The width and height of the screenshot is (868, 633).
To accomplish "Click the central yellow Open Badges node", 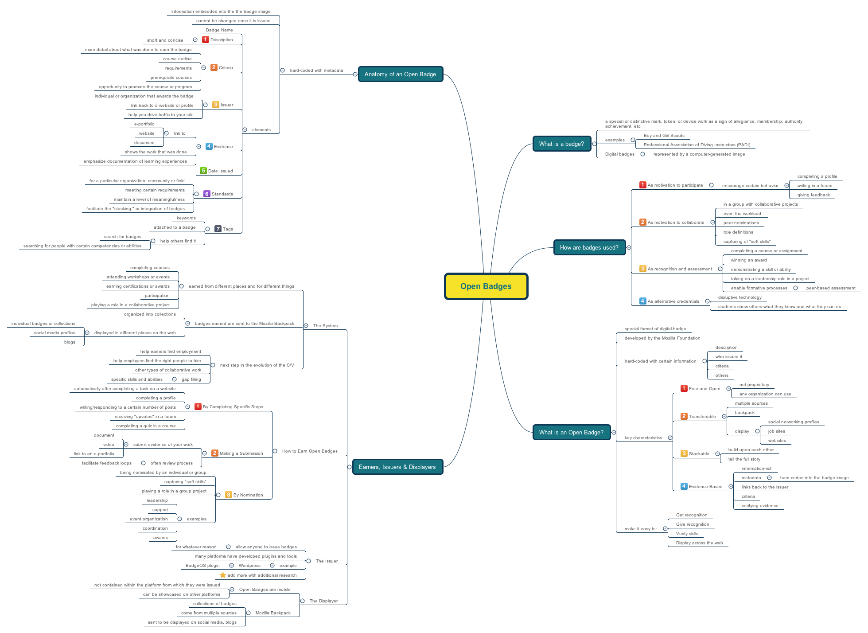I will [486, 286].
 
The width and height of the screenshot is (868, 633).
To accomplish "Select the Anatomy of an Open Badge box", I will [400, 74].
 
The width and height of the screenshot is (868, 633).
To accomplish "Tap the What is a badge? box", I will [561, 144].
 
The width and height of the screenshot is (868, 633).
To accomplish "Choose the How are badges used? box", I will [589, 248].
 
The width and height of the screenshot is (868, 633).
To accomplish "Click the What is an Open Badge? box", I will [571, 433].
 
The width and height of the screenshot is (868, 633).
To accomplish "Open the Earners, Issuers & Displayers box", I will [397, 467].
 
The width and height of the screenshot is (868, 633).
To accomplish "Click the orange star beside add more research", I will [223, 575].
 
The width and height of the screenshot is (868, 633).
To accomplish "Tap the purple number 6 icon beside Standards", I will [206, 194].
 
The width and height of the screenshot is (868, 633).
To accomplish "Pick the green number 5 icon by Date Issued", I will [203, 171].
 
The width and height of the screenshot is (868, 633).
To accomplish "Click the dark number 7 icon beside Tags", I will [218, 229].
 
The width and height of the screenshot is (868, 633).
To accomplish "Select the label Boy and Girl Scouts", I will [664, 136].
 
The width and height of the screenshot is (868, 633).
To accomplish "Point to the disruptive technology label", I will [740, 297].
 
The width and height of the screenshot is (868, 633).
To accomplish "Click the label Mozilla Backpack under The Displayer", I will [273, 613].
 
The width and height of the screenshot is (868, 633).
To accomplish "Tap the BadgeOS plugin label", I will [202, 566].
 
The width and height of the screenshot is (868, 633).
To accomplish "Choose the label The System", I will [325, 326].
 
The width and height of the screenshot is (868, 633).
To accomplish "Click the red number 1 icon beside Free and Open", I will [684, 388].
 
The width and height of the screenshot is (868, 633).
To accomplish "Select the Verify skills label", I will [687, 534].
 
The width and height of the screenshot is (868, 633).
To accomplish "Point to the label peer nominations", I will [741, 223].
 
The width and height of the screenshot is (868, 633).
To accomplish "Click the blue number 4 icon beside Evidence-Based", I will [684, 486].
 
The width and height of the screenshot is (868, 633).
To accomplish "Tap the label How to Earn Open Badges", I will [310, 451].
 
